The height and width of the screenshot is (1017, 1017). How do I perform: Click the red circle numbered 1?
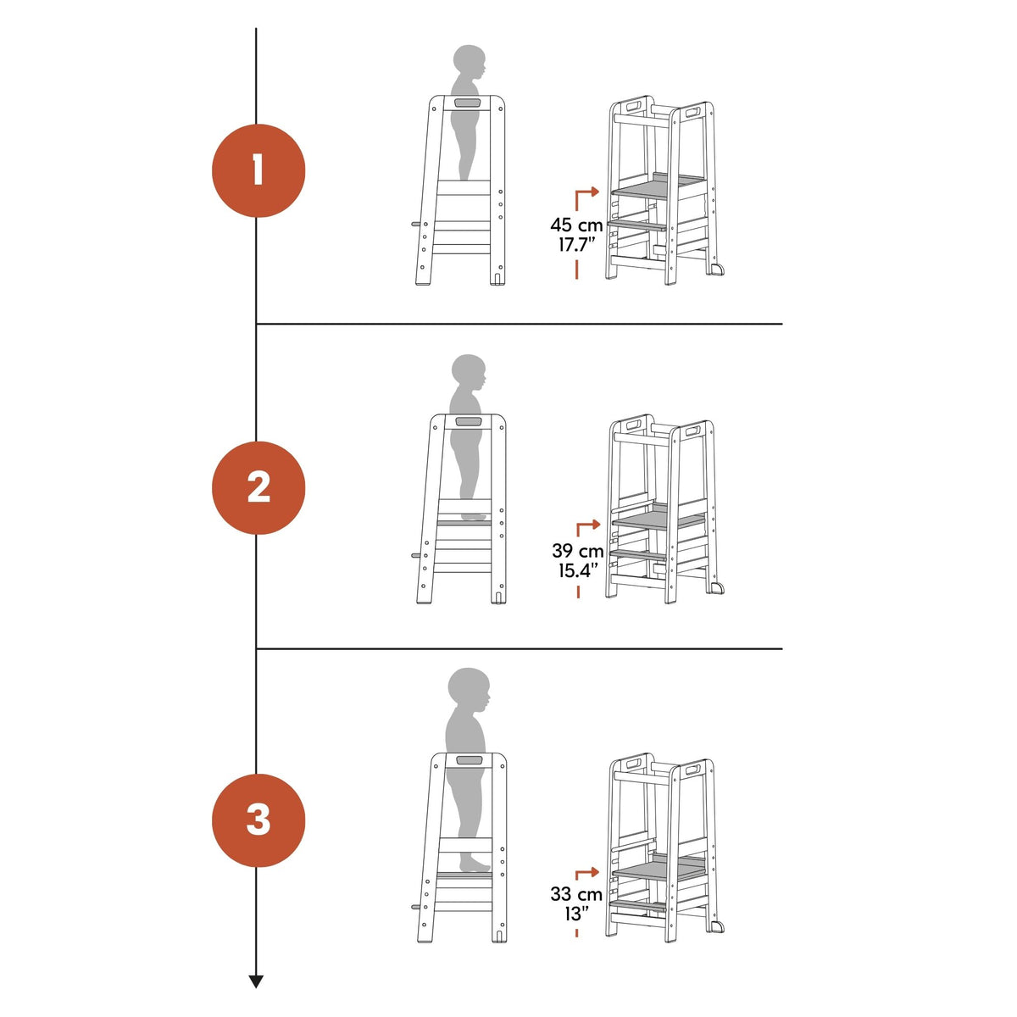pyautogui.click(x=258, y=170)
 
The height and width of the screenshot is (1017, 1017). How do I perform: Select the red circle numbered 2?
pyautogui.click(x=258, y=487)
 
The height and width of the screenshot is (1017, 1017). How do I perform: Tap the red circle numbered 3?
pyautogui.click(x=258, y=820)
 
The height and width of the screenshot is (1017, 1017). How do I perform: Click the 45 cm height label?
pyautogui.click(x=576, y=225)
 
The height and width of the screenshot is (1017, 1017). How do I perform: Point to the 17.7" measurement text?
pyautogui.click(x=577, y=245)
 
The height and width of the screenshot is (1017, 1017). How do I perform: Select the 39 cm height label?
pyautogui.click(x=577, y=551)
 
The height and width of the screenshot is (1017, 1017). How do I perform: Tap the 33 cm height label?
pyautogui.click(x=576, y=894)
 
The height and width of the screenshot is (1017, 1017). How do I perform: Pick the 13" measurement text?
pyautogui.click(x=576, y=914)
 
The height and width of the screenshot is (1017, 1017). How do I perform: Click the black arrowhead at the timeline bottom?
pyautogui.click(x=256, y=982)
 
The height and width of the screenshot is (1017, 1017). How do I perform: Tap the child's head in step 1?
pyautogui.click(x=470, y=63)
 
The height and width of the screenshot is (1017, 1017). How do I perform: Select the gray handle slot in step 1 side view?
pyautogui.click(x=466, y=103)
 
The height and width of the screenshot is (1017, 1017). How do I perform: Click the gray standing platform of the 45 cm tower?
pyautogui.click(x=659, y=186)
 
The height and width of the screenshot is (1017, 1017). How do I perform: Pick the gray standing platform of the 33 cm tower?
pyautogui.click(x=659, y=866)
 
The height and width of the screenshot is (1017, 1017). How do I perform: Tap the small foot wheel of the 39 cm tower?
pyautogui.click(x=717, y=588)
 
